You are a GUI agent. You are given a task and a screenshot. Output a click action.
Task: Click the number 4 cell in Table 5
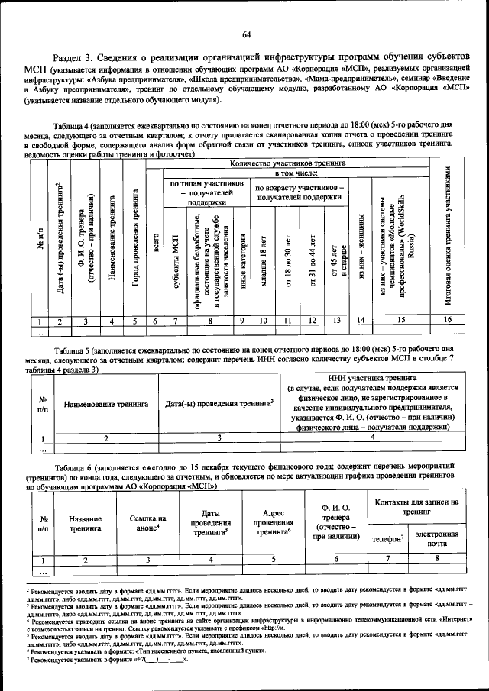click(x=373, y=438)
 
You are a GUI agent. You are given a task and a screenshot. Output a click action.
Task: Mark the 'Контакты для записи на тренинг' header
click(x=413, y=507)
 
